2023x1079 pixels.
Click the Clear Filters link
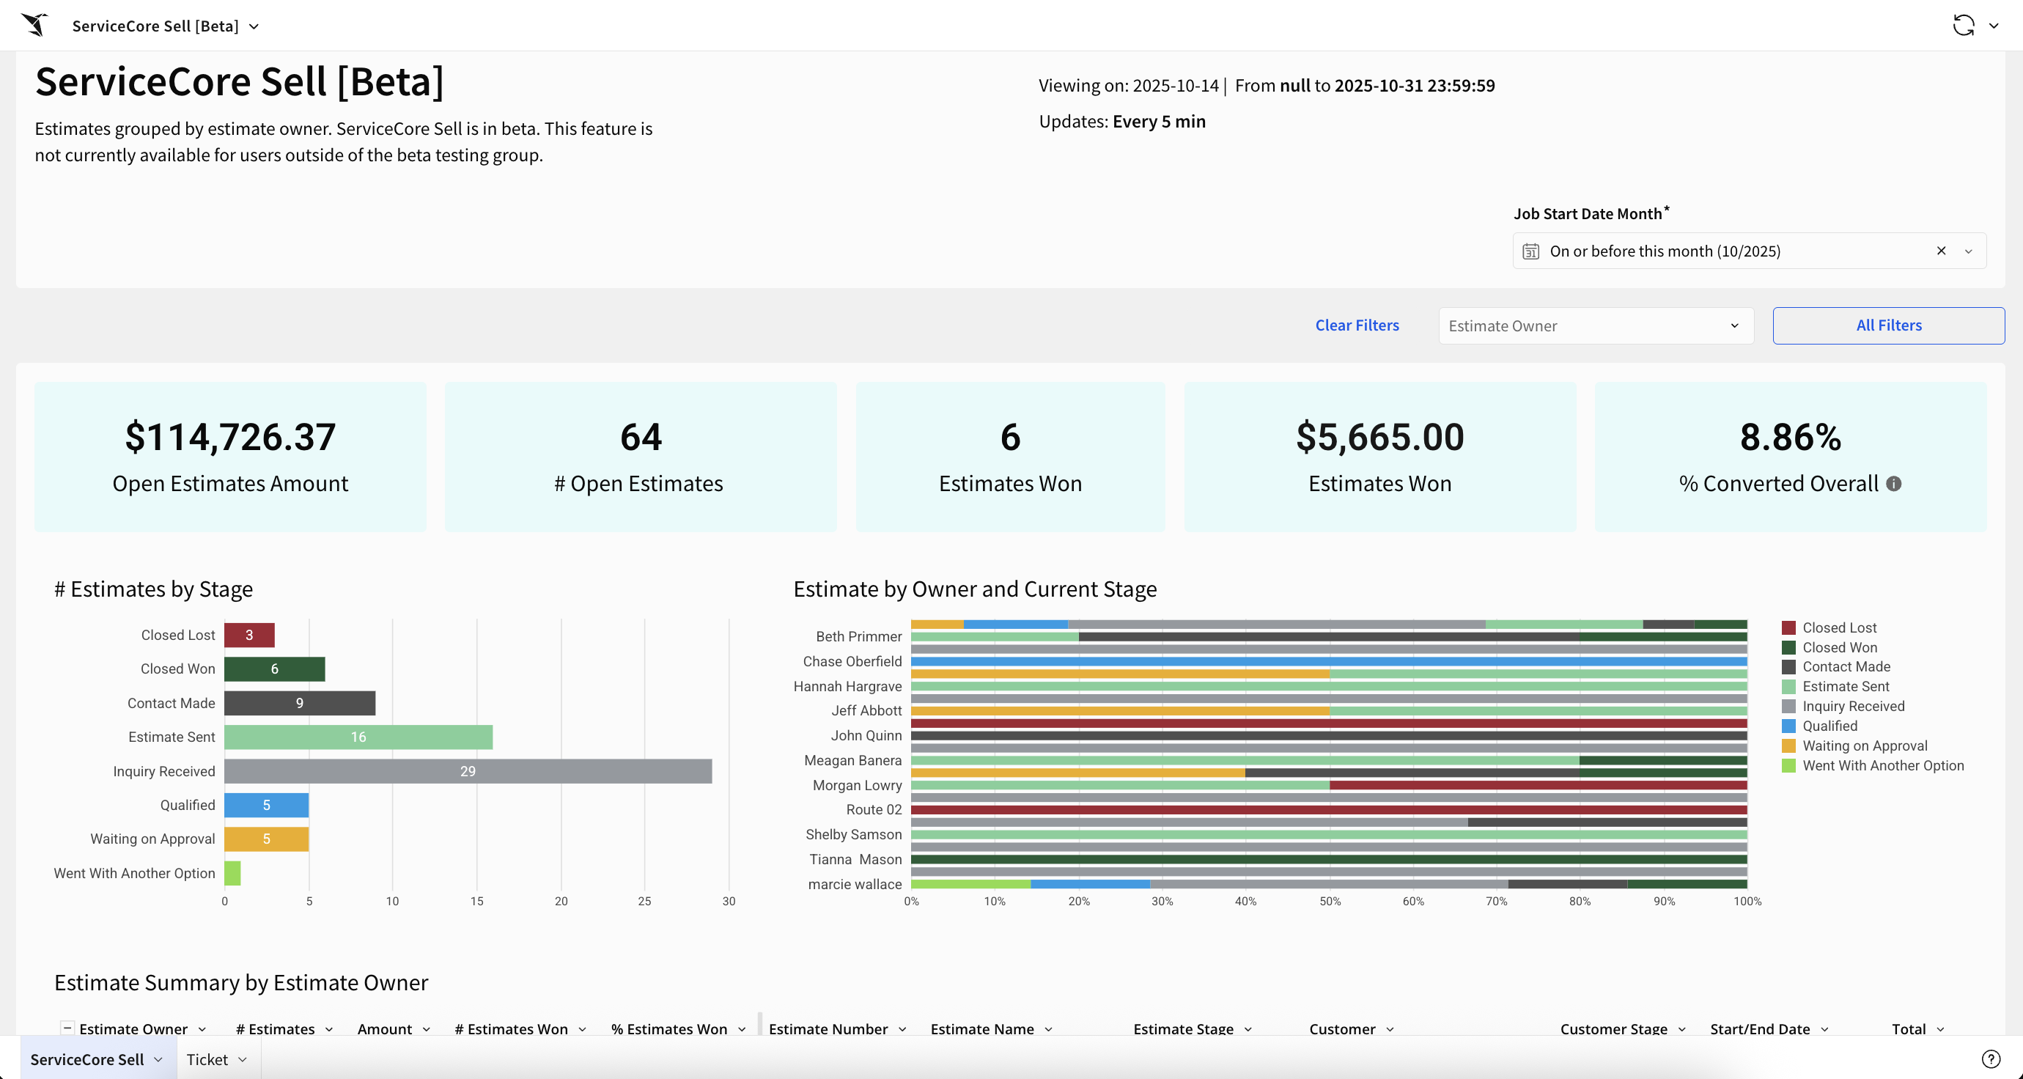point(1357,325)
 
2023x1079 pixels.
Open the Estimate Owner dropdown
point(1596,326)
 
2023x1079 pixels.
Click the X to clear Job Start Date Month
point(1942,251)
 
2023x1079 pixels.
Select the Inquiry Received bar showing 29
point(468,771)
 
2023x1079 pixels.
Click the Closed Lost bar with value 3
point(250,635)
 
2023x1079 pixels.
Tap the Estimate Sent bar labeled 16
point(358,737)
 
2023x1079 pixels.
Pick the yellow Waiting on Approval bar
point(266,839)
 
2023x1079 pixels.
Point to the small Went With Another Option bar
point(232,873)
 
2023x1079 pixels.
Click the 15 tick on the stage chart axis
point(476,901)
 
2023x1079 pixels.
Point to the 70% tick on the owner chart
point(1496,901)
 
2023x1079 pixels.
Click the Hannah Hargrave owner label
point(847,686)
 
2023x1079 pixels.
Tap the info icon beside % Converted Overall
point(1894,484)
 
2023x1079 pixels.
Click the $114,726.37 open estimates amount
point(230,437)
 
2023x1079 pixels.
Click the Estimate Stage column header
point(1184,1028)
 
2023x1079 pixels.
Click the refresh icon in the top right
point(1964,25)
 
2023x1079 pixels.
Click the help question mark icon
point(1991,1059)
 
